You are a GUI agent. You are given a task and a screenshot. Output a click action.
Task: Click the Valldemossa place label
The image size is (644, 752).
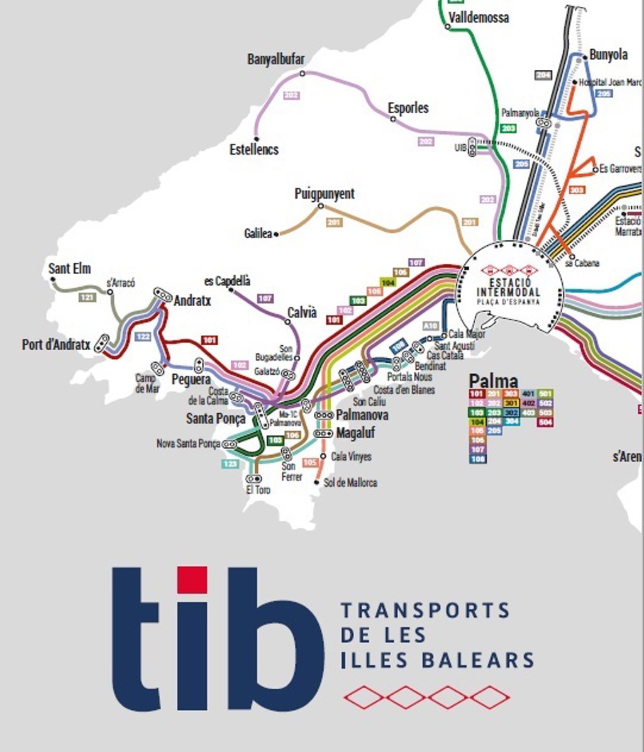click(x=479, y=17)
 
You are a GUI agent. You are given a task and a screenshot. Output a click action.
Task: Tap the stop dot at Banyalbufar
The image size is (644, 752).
click(x=302, y=74)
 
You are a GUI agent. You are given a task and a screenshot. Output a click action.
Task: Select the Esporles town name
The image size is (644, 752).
click(x=408, y=108)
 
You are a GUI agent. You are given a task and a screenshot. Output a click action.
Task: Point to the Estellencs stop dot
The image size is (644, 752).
click(x=256, y=139)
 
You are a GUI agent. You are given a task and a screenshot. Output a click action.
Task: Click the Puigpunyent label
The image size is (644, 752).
click(x=325, y=194)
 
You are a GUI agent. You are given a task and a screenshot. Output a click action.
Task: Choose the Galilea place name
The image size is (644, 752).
click(x=258, y=233)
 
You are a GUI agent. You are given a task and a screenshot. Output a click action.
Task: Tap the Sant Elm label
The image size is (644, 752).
click(x=70, y=268)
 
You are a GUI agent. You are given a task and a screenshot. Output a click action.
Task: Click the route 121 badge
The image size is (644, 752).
click(x=87, y=297)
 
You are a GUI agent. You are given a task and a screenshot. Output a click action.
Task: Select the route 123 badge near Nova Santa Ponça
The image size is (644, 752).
click(x=230, y=464)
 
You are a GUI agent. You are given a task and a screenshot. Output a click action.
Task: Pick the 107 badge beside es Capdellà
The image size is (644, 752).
click(x=265, y=298)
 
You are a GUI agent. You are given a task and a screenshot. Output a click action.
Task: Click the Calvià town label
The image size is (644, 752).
click(x=302, y=312)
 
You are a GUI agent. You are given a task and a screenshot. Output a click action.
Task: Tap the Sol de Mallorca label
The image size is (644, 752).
click(x=350, y=483)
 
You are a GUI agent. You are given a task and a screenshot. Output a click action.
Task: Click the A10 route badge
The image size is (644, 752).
click(x=430, y=326)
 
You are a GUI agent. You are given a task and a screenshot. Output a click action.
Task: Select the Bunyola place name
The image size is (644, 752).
click(x=608, y=55)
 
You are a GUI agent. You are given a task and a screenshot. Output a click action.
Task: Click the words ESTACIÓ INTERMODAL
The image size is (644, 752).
click(x=508, y=288)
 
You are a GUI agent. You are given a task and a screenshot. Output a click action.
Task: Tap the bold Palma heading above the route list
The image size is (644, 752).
click(x=494, y=381)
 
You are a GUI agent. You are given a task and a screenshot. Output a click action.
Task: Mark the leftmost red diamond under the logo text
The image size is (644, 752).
click(x=362, y=697)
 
